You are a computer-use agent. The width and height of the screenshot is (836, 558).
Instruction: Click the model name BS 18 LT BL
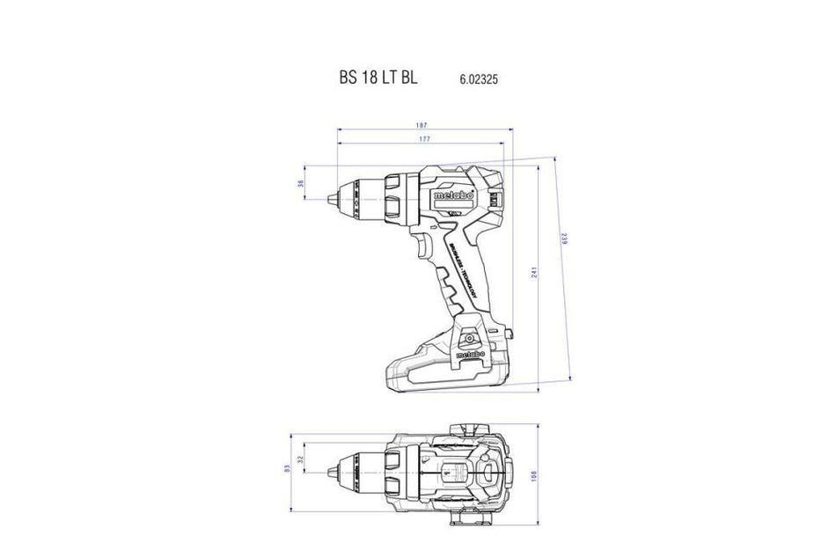(x=378, y=77)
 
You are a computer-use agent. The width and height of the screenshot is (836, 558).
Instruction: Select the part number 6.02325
(x=479, y=77)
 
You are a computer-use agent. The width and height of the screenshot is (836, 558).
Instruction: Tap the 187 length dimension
(x=424, y=125)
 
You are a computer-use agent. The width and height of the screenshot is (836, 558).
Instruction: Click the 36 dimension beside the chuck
(x=300, y=184)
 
